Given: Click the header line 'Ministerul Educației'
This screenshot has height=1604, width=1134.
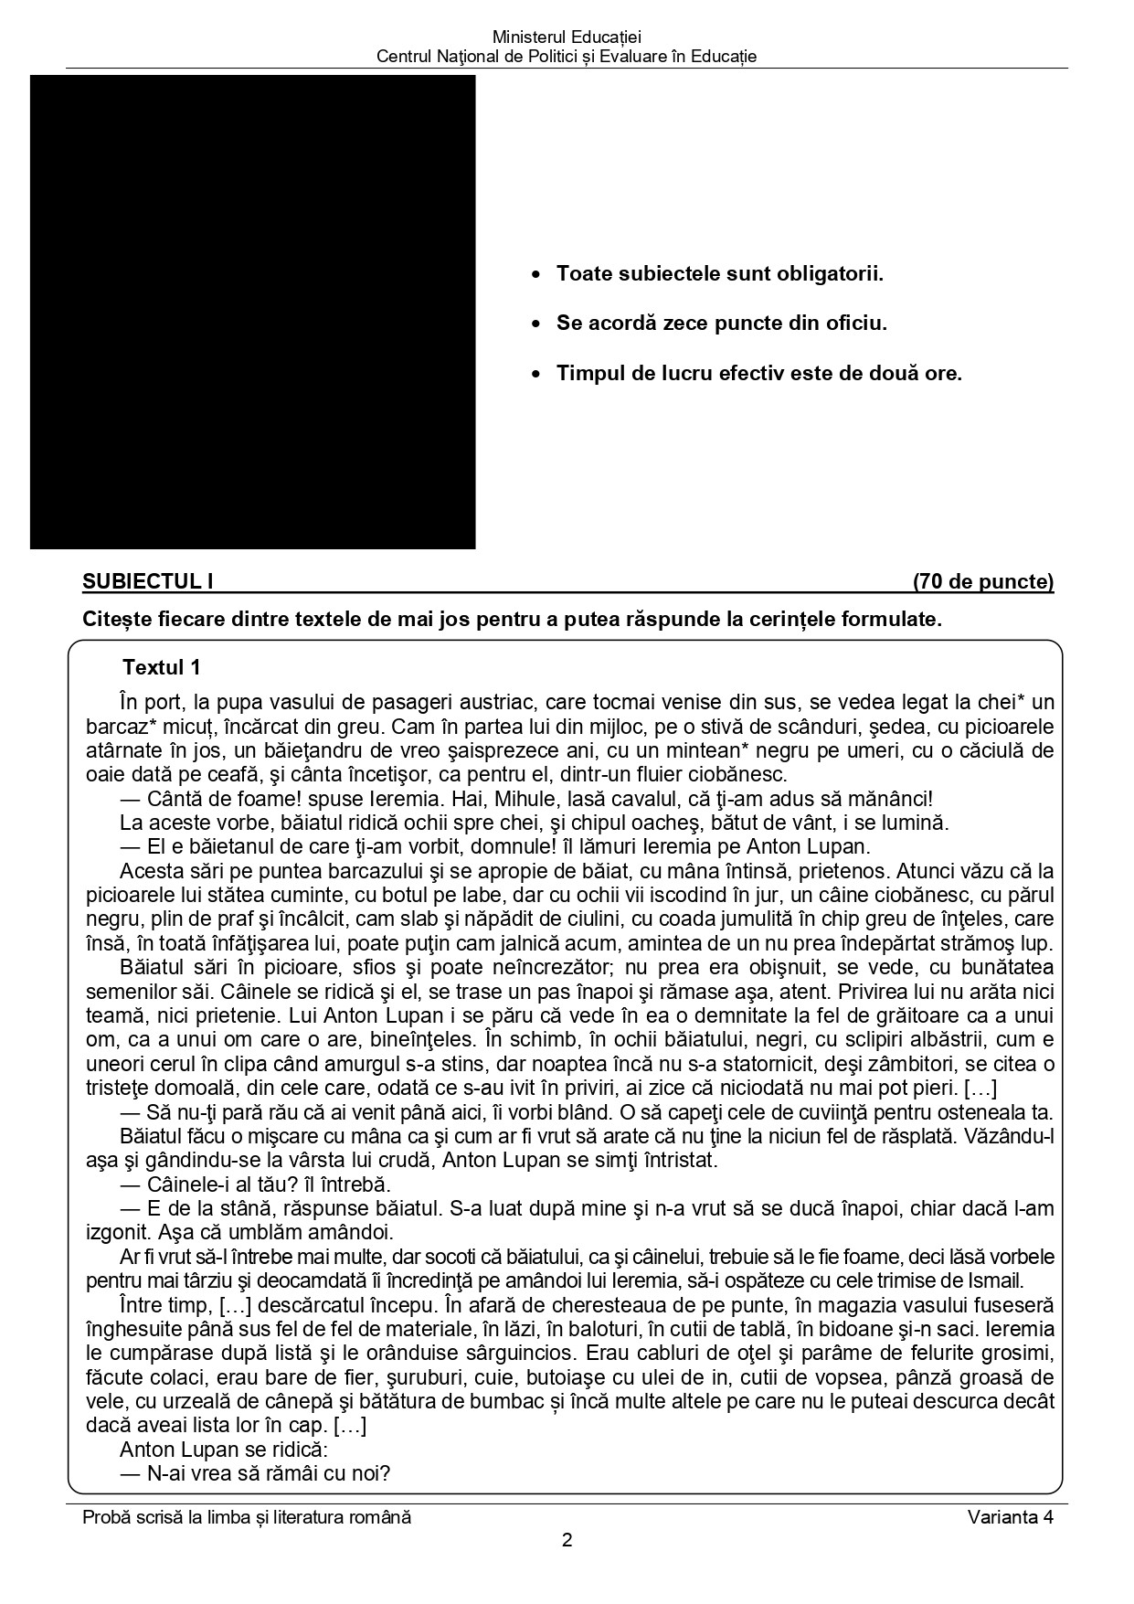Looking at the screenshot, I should coord(567,37).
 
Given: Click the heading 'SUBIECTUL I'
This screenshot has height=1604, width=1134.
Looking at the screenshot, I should coord(148,581).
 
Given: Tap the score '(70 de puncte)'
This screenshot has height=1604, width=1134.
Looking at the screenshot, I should coord(982,581).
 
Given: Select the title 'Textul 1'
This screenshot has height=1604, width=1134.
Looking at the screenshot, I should coord(161,667).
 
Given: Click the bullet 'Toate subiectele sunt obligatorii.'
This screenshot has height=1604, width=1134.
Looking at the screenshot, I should coord(719,273).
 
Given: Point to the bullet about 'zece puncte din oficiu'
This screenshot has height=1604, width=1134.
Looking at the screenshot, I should coord(721,323).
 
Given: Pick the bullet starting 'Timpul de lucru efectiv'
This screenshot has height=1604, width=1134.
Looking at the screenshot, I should coord(758,373).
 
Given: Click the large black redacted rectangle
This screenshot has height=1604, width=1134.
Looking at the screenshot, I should coord(252,312).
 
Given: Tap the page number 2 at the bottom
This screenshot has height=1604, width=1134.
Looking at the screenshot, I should coord(567,1540).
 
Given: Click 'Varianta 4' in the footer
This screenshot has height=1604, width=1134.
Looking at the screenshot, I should coord(1011,1517).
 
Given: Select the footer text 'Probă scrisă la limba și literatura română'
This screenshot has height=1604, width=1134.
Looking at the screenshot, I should coord(247,1517).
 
